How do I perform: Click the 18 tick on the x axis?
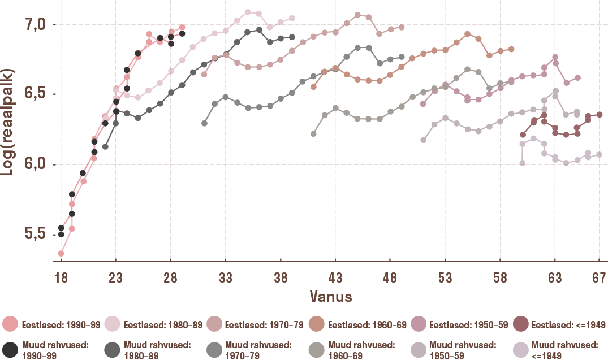61,277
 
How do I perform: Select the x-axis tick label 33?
226,277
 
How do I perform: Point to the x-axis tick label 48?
390,277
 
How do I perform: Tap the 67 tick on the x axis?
599,277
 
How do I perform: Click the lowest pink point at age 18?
61,253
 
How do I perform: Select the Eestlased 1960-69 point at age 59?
511,49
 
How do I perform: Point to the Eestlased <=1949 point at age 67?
599,114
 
